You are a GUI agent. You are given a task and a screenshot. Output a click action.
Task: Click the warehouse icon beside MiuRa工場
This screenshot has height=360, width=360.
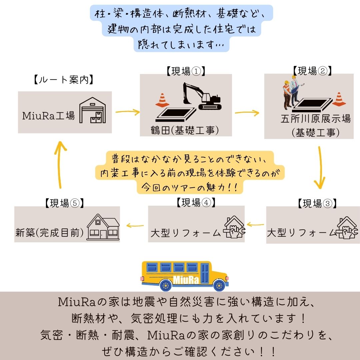92,111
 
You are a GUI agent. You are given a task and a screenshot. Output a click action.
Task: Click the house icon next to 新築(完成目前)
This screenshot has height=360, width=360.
103,227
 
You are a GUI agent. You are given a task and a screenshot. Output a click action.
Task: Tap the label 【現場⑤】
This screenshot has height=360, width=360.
63,203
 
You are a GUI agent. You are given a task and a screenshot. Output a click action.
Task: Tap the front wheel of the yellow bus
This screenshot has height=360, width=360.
219,285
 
